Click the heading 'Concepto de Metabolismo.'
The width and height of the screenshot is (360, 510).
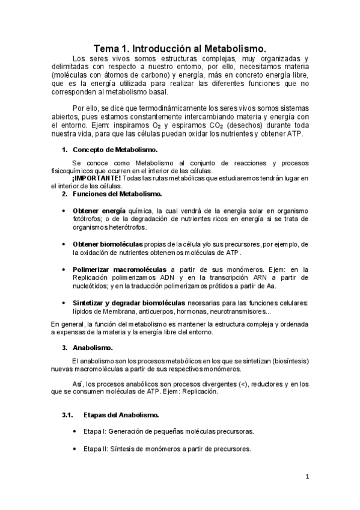[115, 149]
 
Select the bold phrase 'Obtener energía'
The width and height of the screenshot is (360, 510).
[99, 211]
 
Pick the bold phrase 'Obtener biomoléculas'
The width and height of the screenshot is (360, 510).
[108, 244]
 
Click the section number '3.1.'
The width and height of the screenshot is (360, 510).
[67, 416]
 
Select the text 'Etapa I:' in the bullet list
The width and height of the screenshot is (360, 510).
[96, 432]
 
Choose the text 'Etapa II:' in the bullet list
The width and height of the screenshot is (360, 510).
[97, 449]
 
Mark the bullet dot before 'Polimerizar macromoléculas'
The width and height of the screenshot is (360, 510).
[64, 270]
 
